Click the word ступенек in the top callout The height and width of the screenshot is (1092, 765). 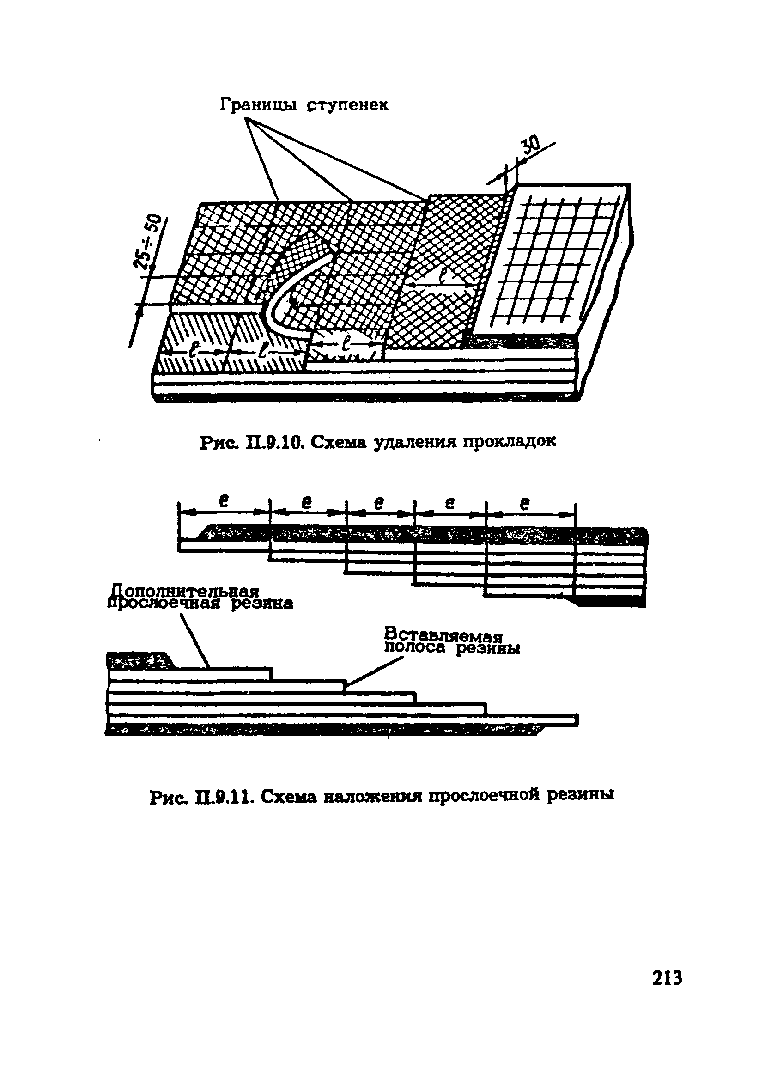[347, 104]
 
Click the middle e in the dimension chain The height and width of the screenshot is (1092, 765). [378, 503]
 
